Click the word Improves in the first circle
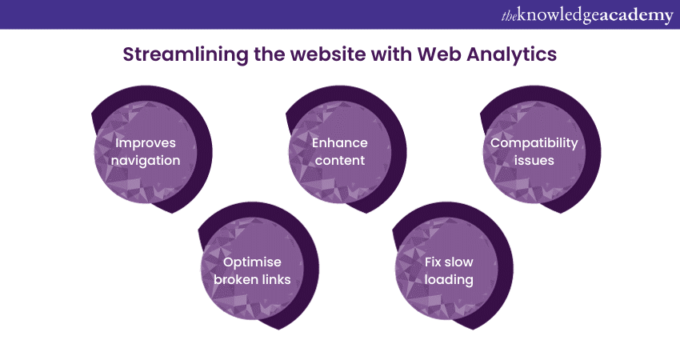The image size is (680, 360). [x=146, y=143]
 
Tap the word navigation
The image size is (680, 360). [x=146, y=160]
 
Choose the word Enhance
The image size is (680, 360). [x=340, y=143]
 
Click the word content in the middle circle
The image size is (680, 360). [x=340, y=160]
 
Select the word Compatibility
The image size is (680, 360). [x=534, y=143]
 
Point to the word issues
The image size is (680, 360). [x=534, y=160]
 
